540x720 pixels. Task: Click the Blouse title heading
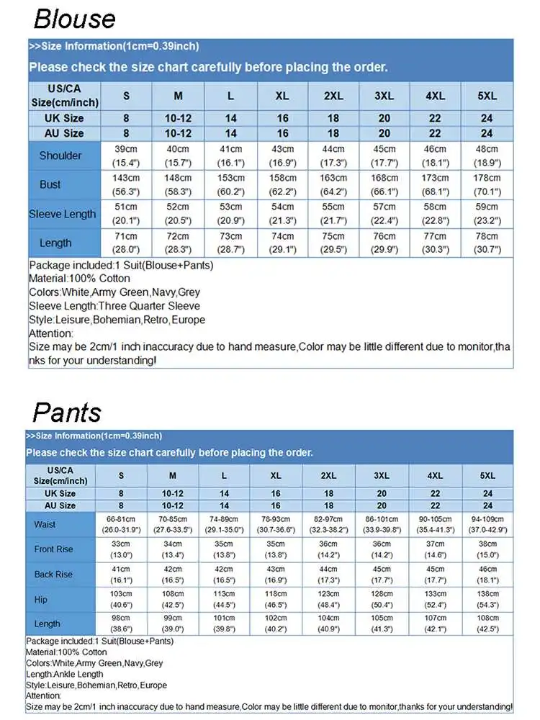pos(74,18)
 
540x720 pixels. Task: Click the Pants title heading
pos(67,413)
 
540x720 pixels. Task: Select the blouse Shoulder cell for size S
pos(126,156)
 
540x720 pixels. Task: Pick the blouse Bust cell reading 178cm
pos(487,184)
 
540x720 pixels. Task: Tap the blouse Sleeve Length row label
pos(62,214)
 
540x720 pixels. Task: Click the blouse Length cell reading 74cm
pos(282,243)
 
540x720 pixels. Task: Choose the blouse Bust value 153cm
pos(230,184)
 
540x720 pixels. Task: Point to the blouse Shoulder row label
pos(60,156)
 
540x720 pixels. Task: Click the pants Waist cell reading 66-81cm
pos(121,524)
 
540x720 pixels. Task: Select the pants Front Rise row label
pos(53,549)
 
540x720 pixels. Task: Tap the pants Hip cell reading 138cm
pos(487,599)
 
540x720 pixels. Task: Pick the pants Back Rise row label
pos(53,575)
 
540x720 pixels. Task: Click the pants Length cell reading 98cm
pos(121,624)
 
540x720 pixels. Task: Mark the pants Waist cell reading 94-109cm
pos(487,524)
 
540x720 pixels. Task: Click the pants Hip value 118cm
pos(276,599)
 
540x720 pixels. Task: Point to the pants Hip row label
pos(41,599)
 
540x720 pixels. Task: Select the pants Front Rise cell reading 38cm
pos(487,549)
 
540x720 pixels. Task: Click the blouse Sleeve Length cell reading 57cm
pos(384,214)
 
